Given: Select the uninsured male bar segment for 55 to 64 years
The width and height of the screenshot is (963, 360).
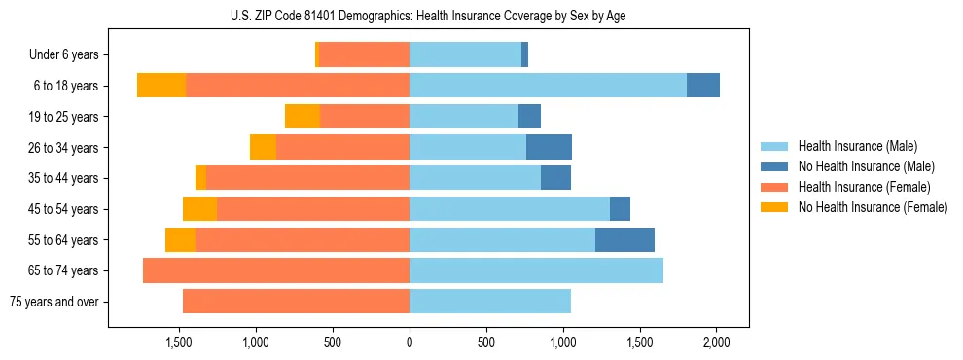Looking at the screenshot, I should (624, 239).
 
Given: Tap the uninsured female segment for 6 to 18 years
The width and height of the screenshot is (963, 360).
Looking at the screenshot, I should (161, 86).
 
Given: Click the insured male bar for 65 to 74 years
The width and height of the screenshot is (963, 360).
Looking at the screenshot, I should (536, 270).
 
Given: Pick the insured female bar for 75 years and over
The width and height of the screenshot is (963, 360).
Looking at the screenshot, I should (296, 302).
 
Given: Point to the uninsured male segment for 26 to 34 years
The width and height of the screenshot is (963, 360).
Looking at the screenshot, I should (549, 147).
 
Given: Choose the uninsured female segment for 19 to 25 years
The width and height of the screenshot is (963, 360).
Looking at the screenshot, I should (303, 117).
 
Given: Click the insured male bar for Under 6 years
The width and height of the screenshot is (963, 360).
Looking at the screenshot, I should (465, 55).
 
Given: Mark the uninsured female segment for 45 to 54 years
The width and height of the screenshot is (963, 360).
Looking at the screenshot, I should (199, 209).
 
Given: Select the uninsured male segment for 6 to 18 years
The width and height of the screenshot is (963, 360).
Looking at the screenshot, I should (703, 86).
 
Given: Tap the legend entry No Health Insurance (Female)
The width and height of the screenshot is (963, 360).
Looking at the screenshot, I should (873, 207).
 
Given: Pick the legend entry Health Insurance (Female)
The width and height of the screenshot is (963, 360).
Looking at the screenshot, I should (864, 187).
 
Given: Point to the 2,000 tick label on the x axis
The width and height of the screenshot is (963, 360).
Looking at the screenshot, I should (717, 342).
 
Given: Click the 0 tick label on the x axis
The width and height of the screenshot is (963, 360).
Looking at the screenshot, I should (410, 342).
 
